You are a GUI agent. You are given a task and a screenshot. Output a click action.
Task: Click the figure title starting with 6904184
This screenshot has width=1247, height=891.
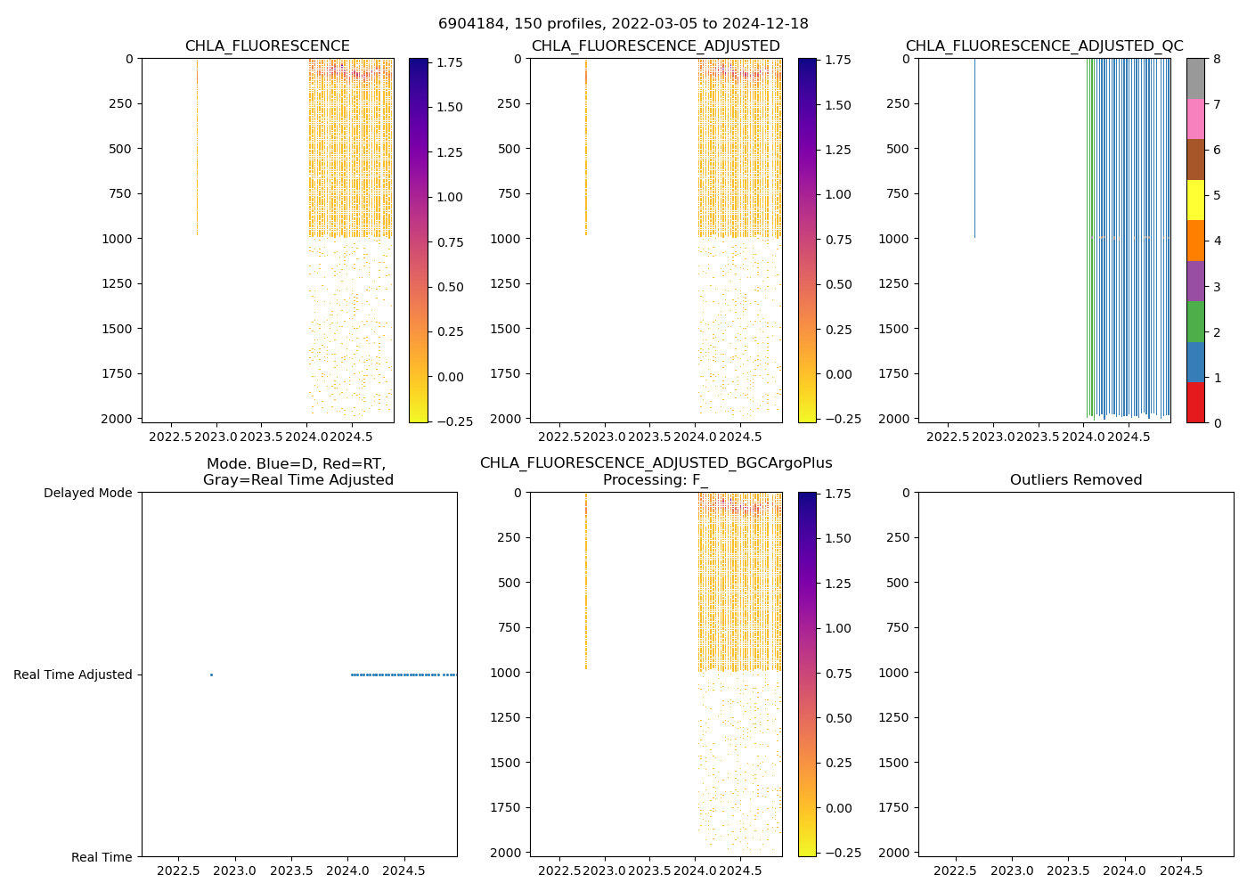[623, 24]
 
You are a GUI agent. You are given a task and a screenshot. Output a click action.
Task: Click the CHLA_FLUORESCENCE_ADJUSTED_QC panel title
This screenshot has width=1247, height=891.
[1044, 46]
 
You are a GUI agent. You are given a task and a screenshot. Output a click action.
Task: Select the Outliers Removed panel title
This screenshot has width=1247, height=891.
[1075, 480]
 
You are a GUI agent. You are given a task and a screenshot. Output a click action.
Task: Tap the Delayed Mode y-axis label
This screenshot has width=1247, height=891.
[87, 493]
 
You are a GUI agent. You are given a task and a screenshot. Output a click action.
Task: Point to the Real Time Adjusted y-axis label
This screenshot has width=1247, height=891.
[72, 674]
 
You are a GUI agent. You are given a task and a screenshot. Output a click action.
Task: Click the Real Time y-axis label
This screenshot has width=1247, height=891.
[102, 857]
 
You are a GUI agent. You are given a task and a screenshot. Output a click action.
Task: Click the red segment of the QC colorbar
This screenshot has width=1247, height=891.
[1195, 402]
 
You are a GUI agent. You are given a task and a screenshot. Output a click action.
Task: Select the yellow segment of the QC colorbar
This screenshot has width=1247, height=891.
[1195, 200]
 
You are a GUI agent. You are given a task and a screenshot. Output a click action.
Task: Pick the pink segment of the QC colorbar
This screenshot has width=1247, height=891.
[1195, 119]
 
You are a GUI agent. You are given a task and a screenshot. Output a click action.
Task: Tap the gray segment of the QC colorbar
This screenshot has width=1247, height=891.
[1195, 78]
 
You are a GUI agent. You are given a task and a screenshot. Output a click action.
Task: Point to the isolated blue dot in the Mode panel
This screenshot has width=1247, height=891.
[211, 674]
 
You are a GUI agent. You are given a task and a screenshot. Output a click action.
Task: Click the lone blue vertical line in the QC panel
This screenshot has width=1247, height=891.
[974, 148]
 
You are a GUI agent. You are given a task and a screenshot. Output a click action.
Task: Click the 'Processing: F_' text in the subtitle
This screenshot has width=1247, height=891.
[656, 480]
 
